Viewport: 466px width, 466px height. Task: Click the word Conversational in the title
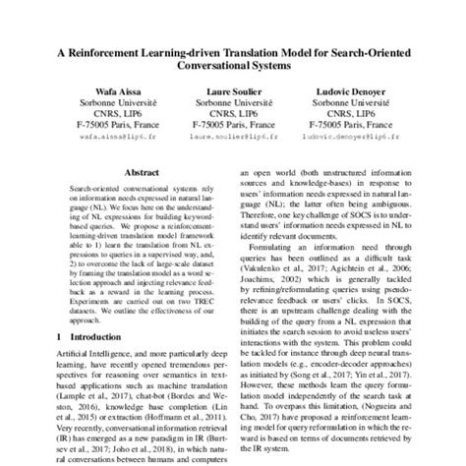coord(204,66)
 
